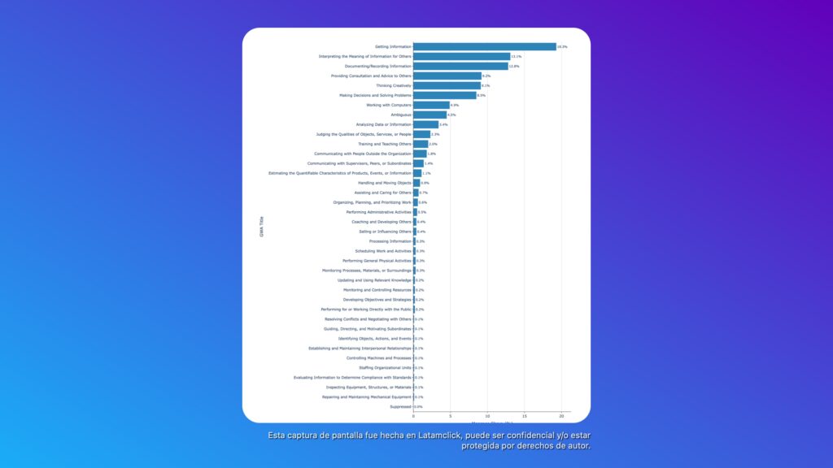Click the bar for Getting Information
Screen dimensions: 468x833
484,46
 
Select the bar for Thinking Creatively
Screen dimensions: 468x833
447,85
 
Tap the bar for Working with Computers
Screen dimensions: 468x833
431,105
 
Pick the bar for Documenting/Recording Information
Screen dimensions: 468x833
460,66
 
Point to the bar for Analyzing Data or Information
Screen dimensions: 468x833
425,124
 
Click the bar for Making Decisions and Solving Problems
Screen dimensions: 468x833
444,95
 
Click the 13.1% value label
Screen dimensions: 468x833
516,56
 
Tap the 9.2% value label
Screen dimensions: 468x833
486,76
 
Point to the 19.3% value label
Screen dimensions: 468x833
562,46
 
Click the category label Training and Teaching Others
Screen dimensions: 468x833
385,144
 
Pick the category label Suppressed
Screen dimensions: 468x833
400,406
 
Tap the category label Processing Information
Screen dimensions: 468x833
390,241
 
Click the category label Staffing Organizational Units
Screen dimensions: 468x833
385,367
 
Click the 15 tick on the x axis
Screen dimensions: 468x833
525,416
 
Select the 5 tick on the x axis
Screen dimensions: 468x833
451,416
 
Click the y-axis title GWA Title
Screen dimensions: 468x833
262,226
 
